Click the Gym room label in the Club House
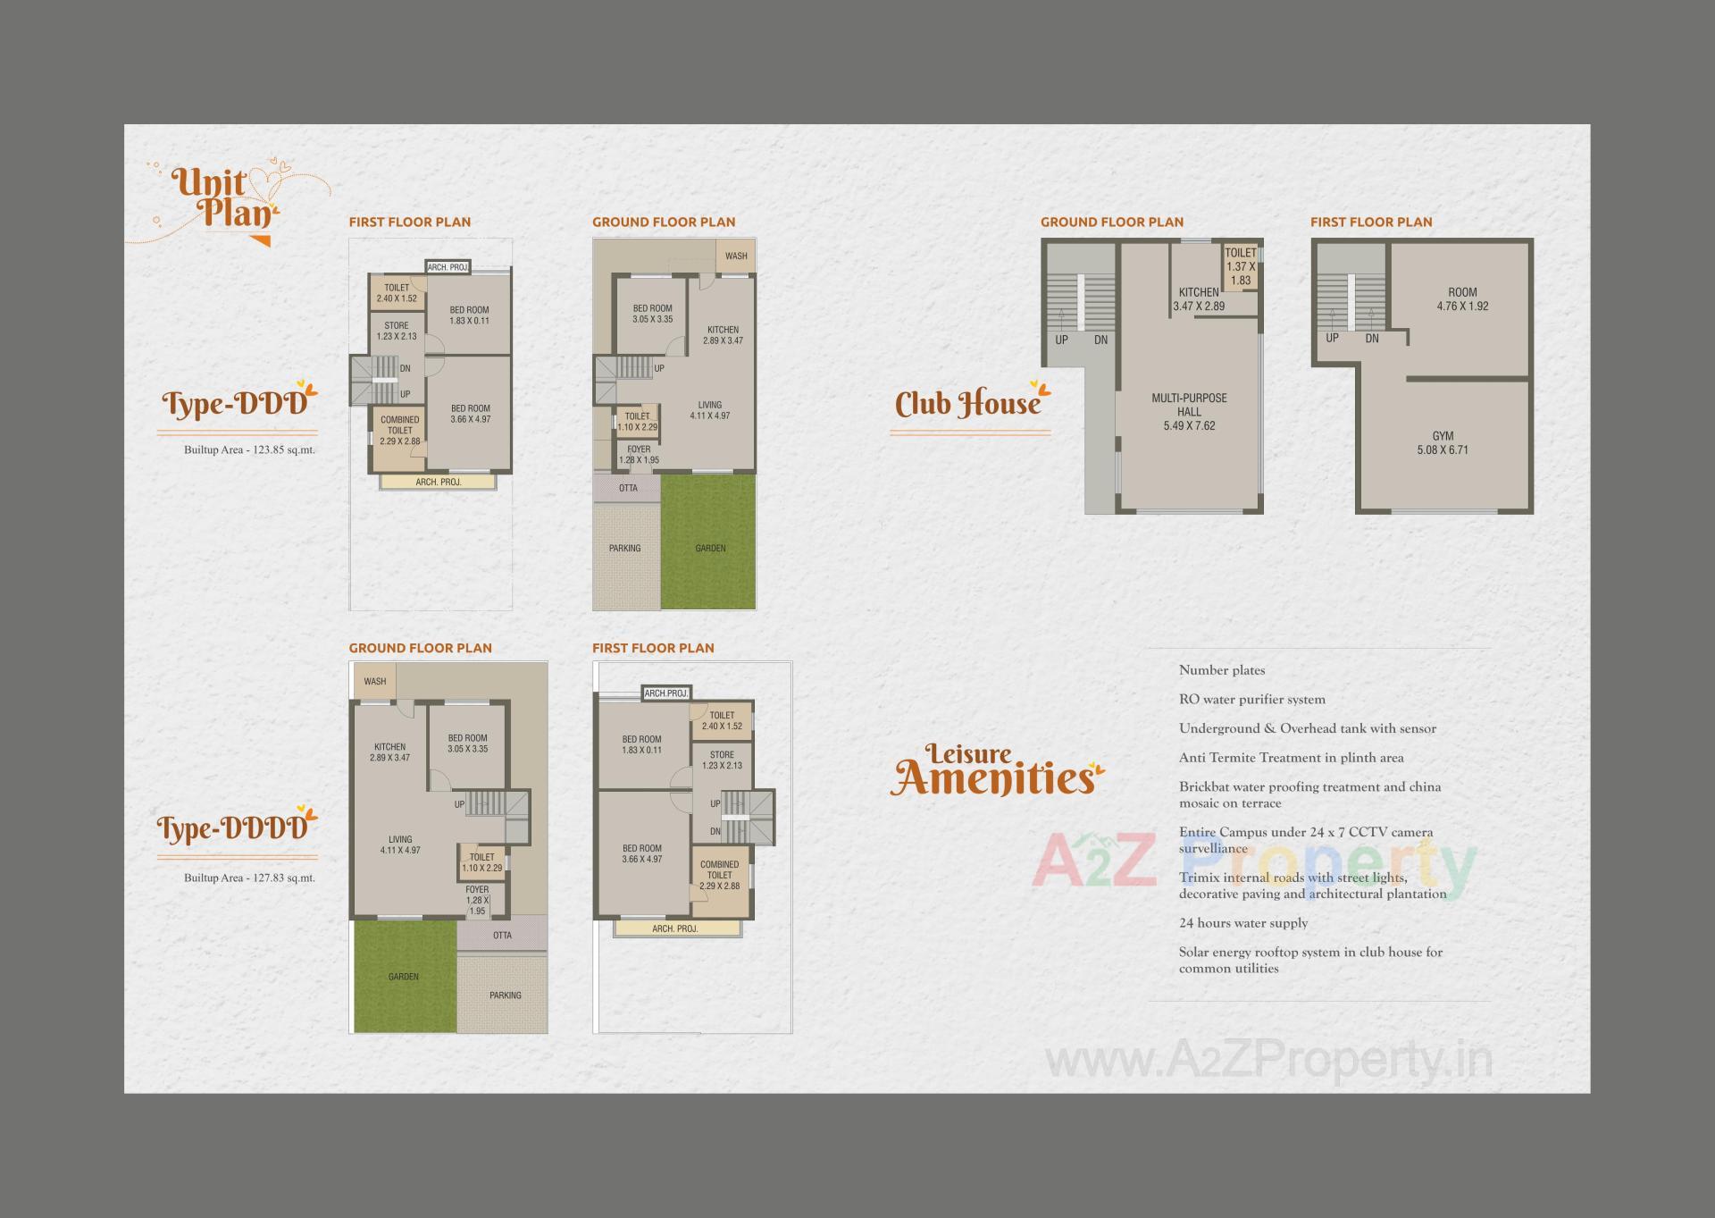point(1443,437)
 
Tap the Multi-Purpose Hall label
point(1189,405)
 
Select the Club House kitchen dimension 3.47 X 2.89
point(1199,306)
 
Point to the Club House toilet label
point(1241,254)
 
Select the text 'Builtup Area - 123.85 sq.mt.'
point(249,449)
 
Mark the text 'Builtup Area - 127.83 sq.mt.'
point(249,878)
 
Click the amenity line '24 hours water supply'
point(1243,923)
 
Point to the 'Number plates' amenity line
point(1222,670)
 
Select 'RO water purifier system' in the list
point(1252,700)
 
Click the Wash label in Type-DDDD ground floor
point(375,681)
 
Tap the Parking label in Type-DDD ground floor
point(625,548)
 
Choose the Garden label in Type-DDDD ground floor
point(404,977)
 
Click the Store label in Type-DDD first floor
point(397,326)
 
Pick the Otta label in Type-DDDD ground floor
point(502,936)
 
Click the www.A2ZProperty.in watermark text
point(1268,1062)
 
